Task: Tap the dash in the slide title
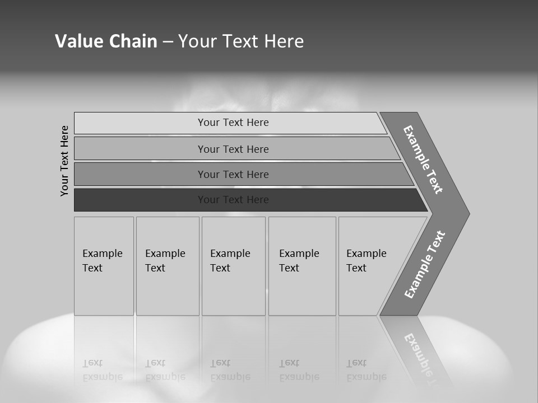tap(168, 41)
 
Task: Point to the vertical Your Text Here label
tap(64, 161)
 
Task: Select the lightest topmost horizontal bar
tap(230, 123)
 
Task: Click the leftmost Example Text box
tap(104, 266)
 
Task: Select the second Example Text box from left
tap(168, 266)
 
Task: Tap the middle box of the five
tap(233, 266)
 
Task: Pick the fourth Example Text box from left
tap(302, 266)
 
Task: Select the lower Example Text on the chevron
tap(425, 264)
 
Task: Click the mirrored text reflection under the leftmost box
tap(102, 370)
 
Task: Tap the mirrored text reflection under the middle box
tap(230, 370)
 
